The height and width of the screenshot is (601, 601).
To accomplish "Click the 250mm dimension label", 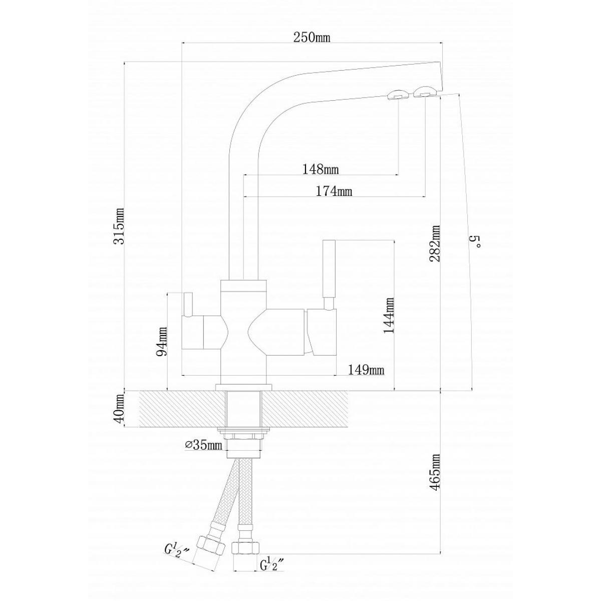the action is (312, 38).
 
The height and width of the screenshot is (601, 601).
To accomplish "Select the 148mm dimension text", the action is (321, 169).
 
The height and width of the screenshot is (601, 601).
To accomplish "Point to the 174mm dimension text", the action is (334, 191).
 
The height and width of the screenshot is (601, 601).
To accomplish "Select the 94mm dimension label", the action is (162, 341).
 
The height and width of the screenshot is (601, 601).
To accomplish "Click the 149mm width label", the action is (366, 370).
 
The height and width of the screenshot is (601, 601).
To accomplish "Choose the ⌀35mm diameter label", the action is (203, 445).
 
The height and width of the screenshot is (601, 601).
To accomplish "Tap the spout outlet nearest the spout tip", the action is (424, 92).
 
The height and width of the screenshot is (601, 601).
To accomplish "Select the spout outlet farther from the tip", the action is (397, 95).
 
